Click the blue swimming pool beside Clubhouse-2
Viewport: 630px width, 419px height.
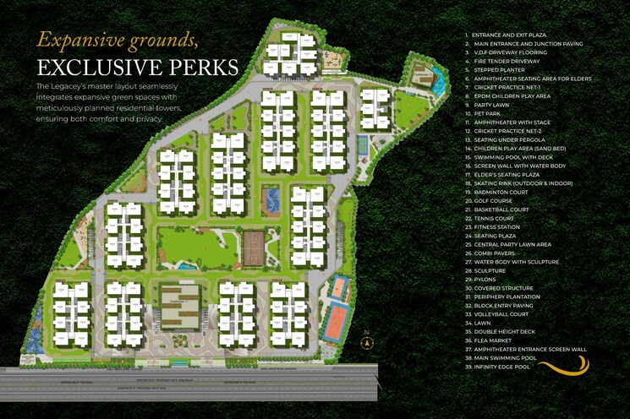[x=185, y=266]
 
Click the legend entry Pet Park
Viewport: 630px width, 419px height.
[x=489, y=113]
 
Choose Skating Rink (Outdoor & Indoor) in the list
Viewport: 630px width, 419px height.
[x=523, y=183]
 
